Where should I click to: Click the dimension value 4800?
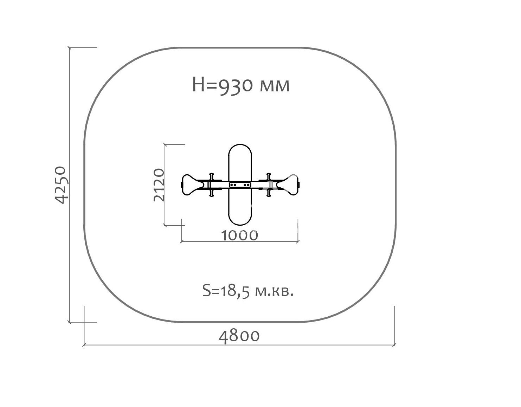pyautogui.click(x=239, y=336)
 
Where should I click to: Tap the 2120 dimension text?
pyautogui.click(x=159, y=185)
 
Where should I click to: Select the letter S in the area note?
pyautogui.click(x=207, y=291)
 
